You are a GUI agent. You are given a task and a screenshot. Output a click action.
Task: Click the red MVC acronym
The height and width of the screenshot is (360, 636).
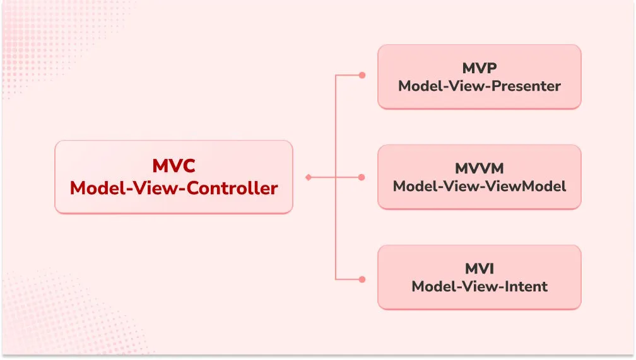(174, 166)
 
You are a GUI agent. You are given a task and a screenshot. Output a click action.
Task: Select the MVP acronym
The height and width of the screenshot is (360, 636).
(479, 67)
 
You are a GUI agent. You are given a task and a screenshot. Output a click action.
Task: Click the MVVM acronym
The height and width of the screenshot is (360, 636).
(479, 168)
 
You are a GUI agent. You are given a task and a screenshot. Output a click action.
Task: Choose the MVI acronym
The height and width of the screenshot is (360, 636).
(479, 269)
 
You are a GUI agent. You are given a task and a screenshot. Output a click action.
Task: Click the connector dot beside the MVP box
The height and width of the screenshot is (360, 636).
(362, 75)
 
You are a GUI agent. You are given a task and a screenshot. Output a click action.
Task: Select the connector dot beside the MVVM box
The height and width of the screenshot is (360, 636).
(362, 178)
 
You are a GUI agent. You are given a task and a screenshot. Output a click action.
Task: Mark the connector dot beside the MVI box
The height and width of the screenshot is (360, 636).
(362, 278)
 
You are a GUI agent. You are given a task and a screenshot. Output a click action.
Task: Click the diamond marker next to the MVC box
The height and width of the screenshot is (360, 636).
(308, 178)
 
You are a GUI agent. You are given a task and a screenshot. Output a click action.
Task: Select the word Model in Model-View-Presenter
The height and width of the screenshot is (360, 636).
(418, 86)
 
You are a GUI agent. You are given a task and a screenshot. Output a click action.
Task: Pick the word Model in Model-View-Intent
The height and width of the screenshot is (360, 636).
(432, 287)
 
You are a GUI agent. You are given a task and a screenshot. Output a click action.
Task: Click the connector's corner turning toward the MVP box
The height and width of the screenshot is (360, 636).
(335, 75)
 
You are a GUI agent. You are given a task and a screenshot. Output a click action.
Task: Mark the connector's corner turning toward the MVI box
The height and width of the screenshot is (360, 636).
(335, 278)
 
